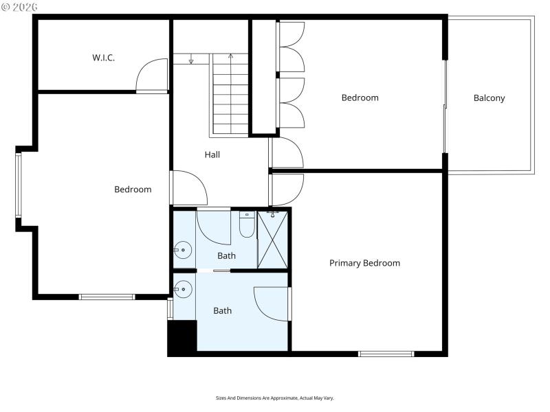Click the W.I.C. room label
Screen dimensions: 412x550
point(103,58)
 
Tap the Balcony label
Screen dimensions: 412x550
point(489,98)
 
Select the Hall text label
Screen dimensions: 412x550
point(212,155)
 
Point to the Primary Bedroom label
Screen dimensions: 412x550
point(364,263)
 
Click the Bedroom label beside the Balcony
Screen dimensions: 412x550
point(360,98)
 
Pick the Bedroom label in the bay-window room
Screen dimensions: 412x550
point(133,190)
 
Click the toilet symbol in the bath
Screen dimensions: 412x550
point(247,225)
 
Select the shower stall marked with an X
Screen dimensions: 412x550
point(272,239)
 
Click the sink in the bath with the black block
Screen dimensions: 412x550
point(181,290)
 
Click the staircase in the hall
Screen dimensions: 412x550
point(230,96)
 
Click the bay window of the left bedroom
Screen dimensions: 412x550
point(19,185)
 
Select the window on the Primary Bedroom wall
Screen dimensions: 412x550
point(386,354)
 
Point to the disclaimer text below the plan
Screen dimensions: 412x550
point(275,398)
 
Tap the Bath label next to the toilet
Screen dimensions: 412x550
point(226,256)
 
